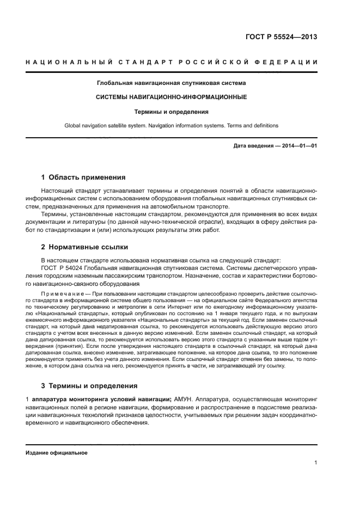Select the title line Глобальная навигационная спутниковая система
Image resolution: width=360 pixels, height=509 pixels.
(172, 83)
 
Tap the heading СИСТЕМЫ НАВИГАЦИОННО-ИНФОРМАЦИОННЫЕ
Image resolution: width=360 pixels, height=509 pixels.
(172, 97)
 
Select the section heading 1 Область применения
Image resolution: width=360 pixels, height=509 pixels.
(84, 177)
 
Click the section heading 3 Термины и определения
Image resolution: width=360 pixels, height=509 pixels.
(90, 386)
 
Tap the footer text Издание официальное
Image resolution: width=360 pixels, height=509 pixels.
(57, 452)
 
